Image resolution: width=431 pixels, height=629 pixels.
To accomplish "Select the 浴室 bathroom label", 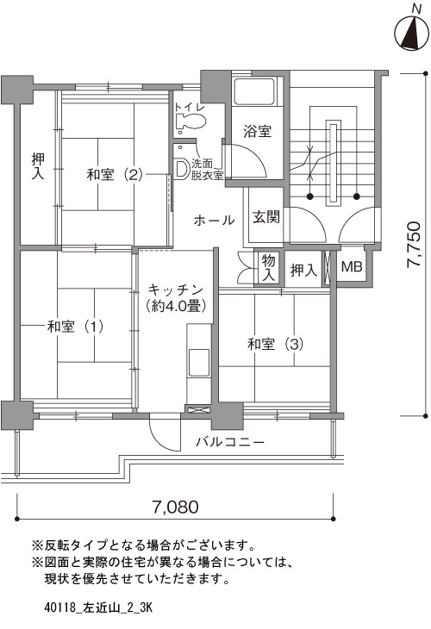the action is [x=257, y=131].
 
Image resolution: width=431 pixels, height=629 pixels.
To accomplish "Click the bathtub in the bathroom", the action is [x=255, y=91].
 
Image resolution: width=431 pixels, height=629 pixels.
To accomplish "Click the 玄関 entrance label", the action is [x=266, y=217].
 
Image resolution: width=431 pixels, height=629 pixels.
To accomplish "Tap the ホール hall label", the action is [x=214, y=221].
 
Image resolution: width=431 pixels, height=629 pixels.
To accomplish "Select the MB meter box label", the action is [x=352, y=266].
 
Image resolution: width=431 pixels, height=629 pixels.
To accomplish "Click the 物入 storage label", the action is [x=268, y=267].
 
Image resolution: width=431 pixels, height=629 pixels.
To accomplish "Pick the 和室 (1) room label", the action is [x=75, y=327].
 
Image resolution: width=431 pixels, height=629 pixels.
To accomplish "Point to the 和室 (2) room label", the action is [x=115, y=175].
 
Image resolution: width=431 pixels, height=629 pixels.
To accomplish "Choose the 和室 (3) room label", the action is [x=275, y=344].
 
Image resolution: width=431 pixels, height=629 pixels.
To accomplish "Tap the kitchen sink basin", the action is [x=199, y=362].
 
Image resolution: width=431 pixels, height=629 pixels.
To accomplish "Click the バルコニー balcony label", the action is [x=230, y=442].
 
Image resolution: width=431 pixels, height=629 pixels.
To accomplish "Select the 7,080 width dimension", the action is [x=175, y=507].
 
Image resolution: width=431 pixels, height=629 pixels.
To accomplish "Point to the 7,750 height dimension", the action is [x=414, y=245].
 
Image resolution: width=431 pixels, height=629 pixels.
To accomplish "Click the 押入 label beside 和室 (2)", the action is [x=39, y=167].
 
